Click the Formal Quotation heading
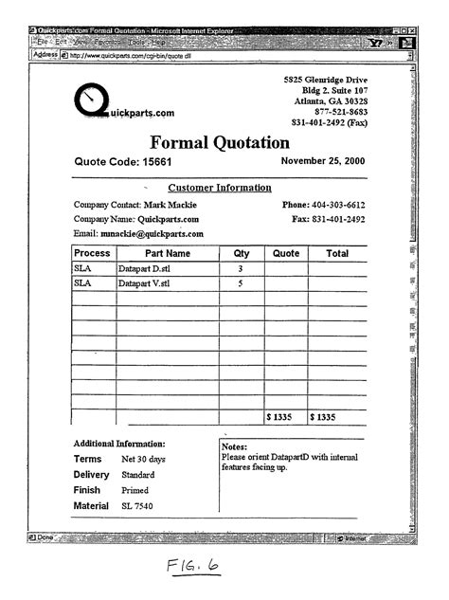coord(219,144)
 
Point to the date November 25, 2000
coord(323,162)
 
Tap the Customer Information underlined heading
coord(219,188)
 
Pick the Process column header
coord(93,254)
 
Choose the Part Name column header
coord(168,254)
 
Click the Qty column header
coord(241,254)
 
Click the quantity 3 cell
coord(241,269)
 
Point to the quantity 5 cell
coord(241,283)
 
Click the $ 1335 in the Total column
coord(324,417)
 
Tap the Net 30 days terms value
coord(143,460)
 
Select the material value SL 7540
coord(137,506)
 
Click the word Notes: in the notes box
coord(234,446)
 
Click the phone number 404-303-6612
coord(337,205)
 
